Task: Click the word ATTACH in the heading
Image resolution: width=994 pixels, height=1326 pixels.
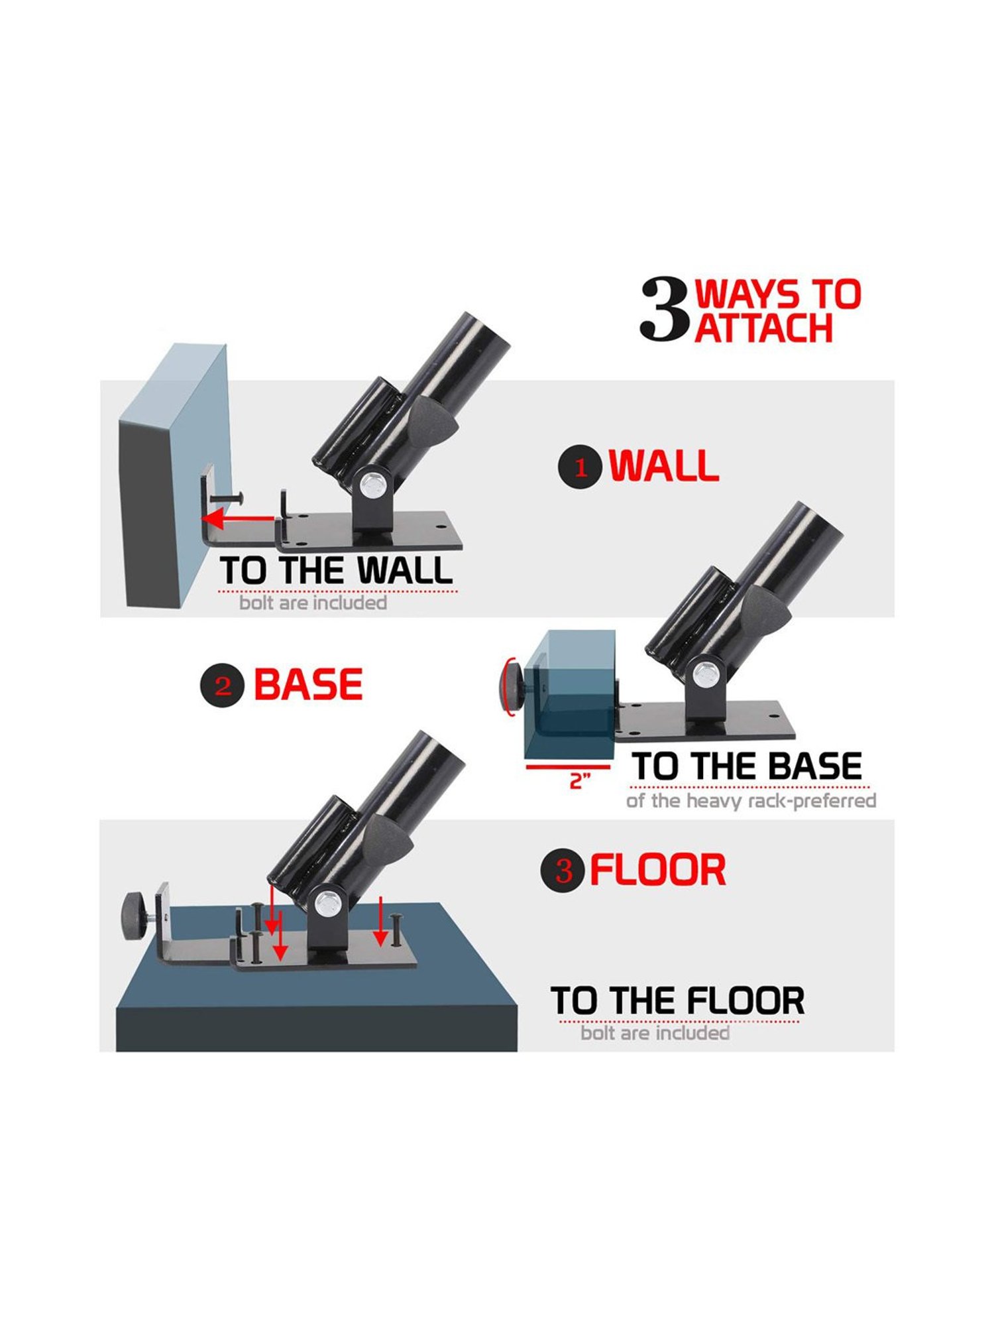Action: click(764, 328)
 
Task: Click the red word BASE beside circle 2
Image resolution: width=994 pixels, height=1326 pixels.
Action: click(309, 684)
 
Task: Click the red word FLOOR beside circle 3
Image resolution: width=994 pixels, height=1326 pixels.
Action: click(658, 871)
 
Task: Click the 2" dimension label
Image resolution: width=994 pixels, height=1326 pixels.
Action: click(580, 780)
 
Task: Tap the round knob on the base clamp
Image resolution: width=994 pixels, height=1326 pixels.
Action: click(512, 688)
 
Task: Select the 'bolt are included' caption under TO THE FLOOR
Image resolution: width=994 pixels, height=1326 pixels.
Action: click(655, 1033)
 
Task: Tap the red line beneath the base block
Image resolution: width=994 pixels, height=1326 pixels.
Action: click(568, 766)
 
